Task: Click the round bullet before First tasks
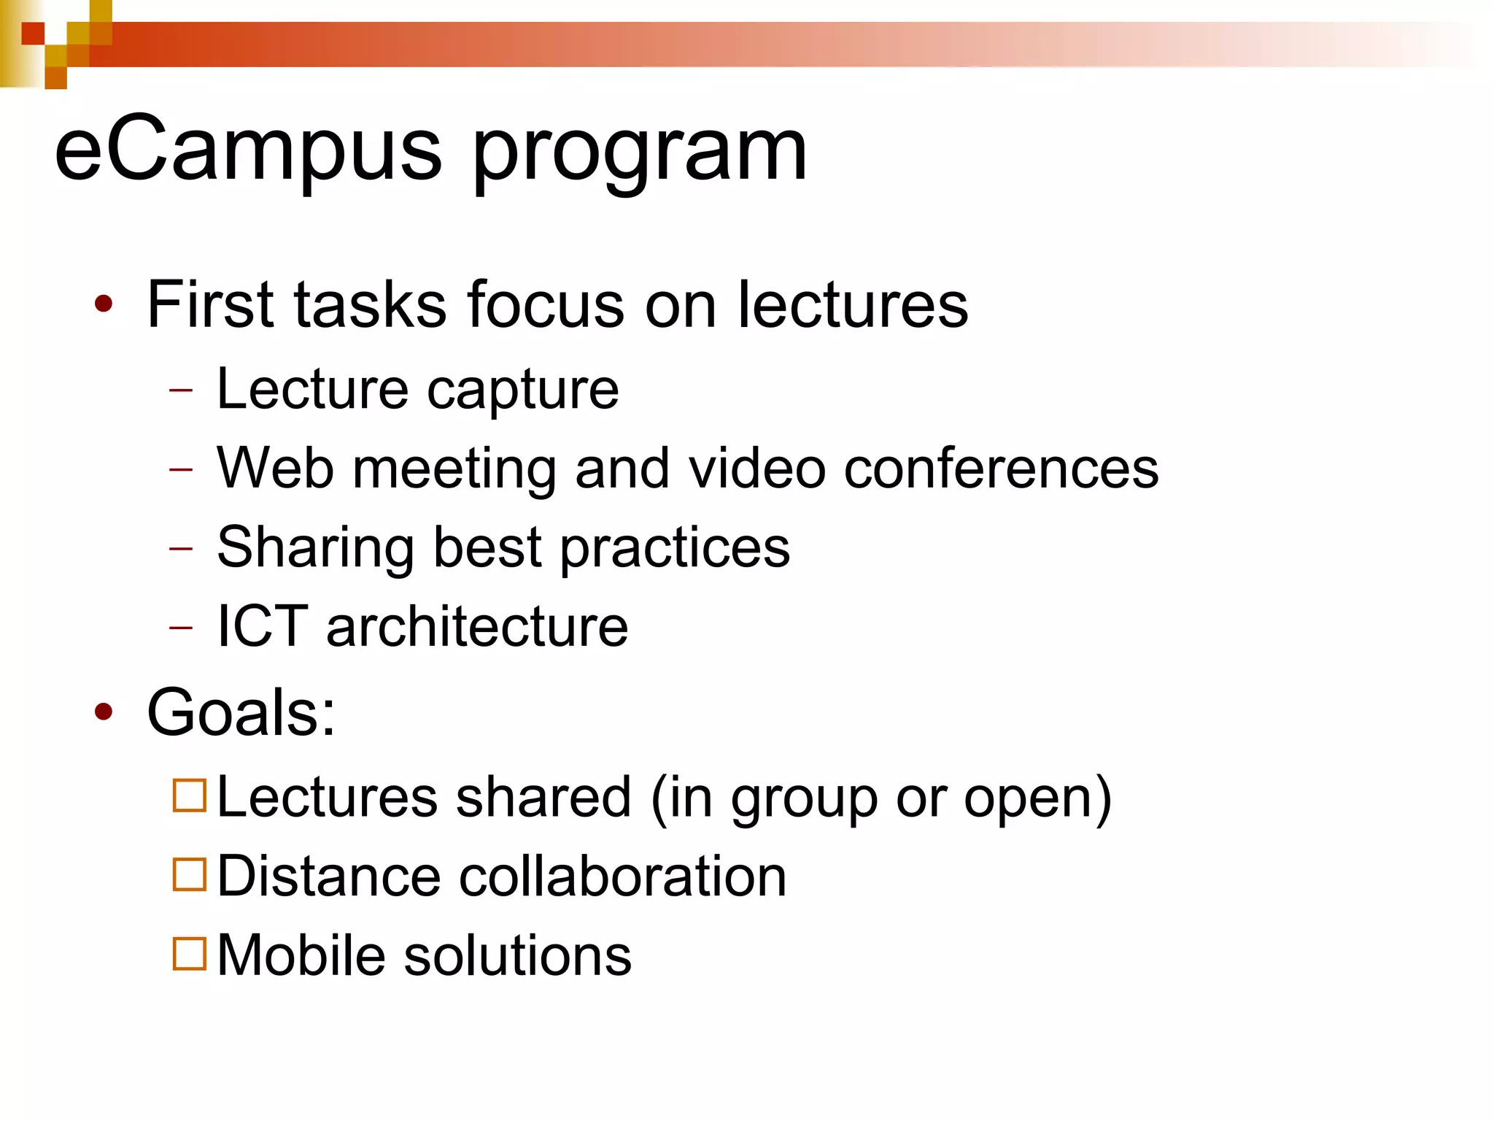(x=104, y=304)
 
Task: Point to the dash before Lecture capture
(x=181, y=390)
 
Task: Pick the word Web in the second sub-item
(x=275, y=468)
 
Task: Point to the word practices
(x=675, y=548)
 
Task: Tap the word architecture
(x=477, y=626)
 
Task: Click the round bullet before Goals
(x=104, y=712)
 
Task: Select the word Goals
(x=241, y=712)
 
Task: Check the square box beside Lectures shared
(x=190, y=795)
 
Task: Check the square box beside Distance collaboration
(x=190, y=874)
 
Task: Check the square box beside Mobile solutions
(x=190, y=953)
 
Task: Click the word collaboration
(x=622, y=876)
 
